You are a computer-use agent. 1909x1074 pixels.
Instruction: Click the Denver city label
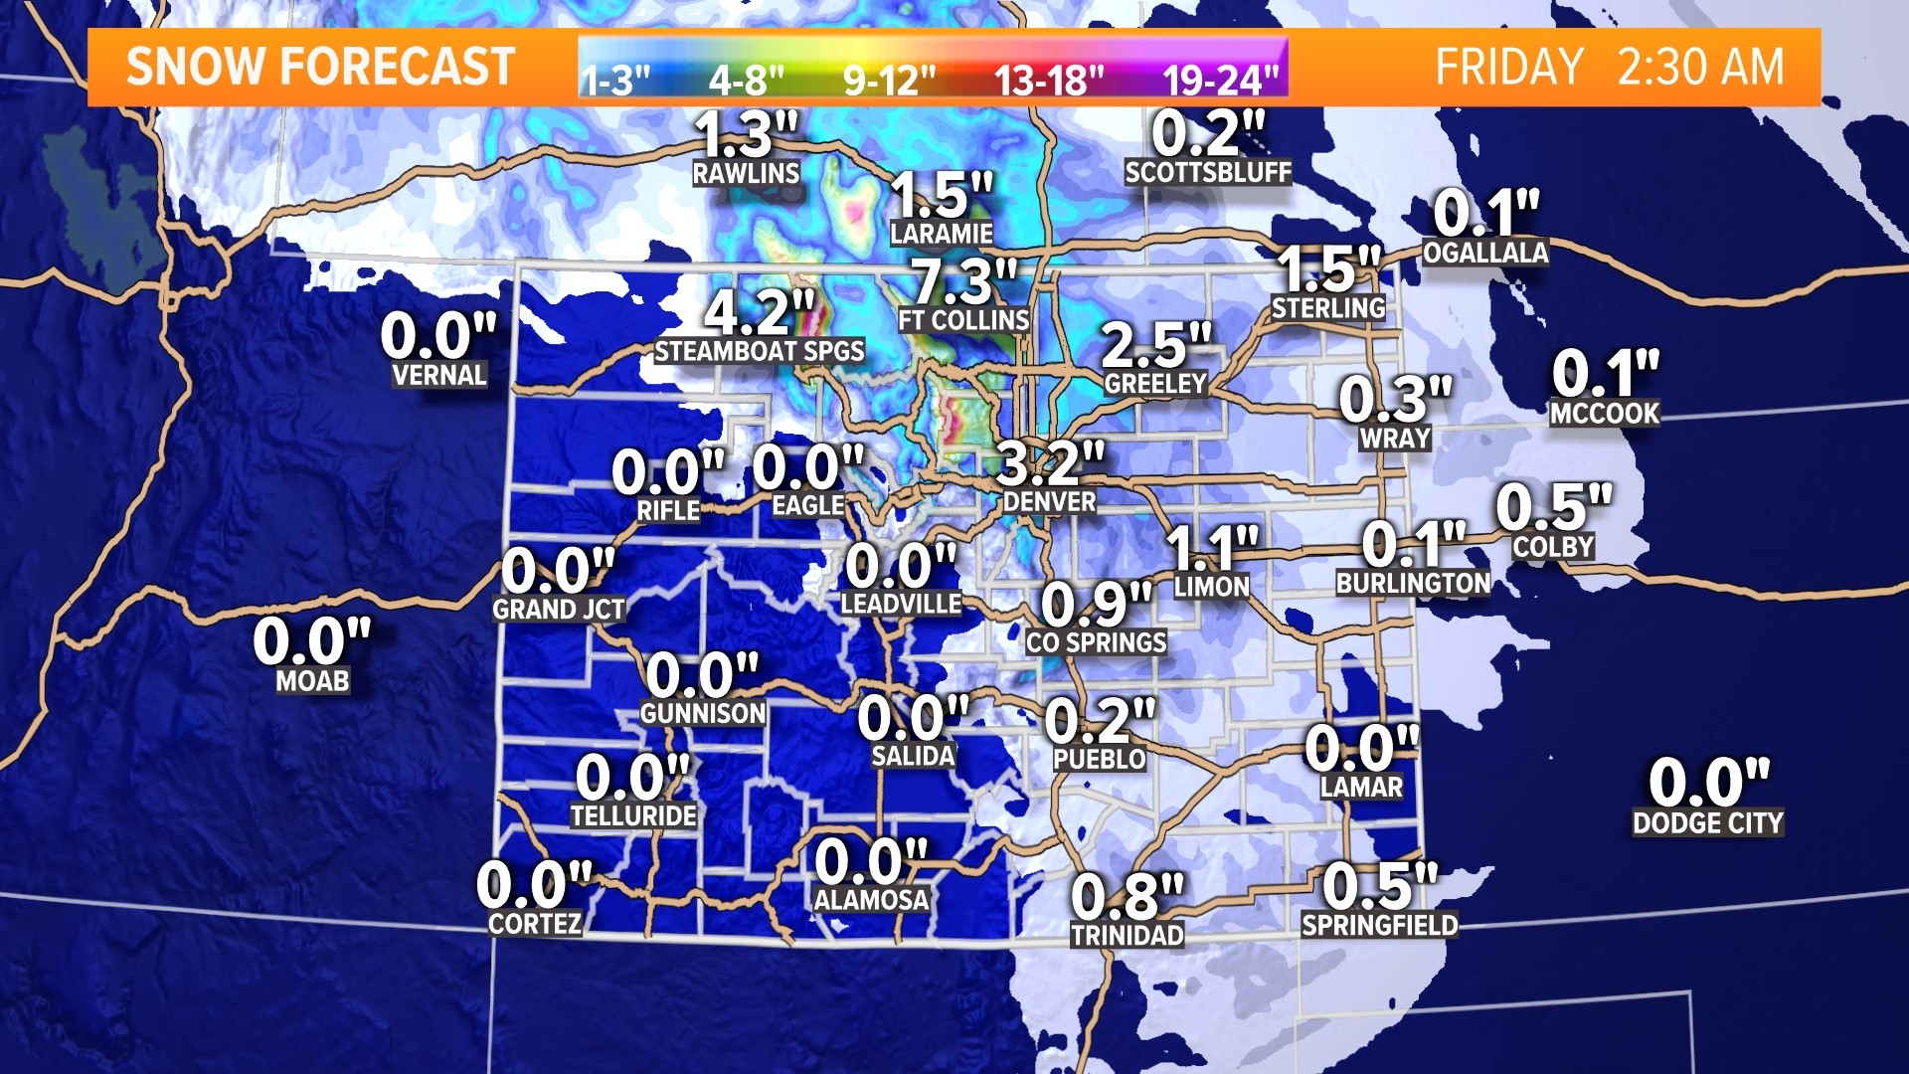click(1049, 502)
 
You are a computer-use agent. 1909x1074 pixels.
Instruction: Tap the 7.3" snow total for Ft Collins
click(964, 281)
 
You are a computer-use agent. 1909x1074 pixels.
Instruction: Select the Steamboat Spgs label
click(760, 351)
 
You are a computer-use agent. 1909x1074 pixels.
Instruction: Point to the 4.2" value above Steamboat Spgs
click(760, 312)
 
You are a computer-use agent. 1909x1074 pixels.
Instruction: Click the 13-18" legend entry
click(1049, 80)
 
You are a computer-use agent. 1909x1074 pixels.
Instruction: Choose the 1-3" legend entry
click(615, 80)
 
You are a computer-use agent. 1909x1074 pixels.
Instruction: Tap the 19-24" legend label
click(1221, 80)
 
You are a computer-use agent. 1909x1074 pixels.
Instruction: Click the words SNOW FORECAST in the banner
click(320, 68)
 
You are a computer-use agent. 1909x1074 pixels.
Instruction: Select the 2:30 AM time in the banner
click(1700, 68)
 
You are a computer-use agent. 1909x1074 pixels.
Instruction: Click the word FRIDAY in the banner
click(1509, 68)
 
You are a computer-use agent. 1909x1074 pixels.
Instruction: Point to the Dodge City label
click(1707, 823)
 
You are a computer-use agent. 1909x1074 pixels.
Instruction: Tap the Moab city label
click(312, 681)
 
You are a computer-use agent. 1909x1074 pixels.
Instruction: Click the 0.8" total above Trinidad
click(1128, 897)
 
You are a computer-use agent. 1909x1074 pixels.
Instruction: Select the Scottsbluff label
click(1208, 173)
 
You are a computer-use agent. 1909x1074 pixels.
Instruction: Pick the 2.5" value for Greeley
click(1156, 346)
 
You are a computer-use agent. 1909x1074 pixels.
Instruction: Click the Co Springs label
click(1097, 643)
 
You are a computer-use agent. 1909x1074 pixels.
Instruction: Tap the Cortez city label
click(535, 924)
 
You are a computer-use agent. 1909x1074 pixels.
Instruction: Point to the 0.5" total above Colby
click(1553, 507)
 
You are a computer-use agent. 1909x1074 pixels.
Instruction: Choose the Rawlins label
click(746, 174)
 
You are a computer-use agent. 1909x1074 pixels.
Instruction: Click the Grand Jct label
click(559, 610)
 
